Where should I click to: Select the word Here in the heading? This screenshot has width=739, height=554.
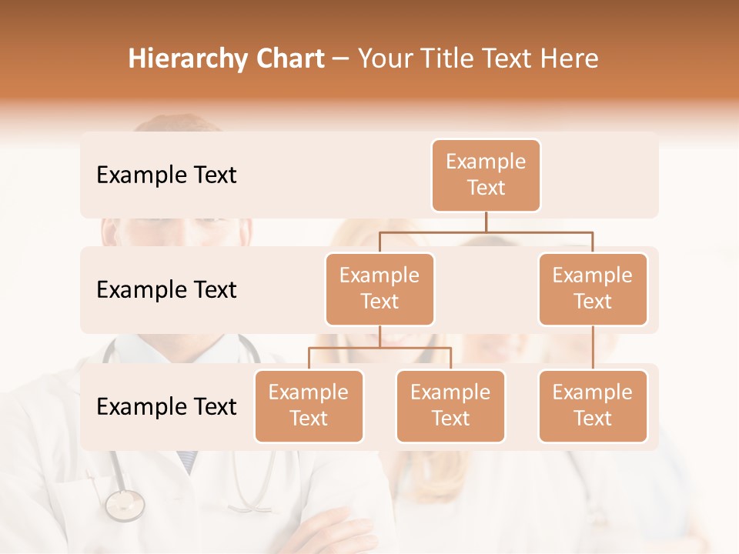(x=569, y=58)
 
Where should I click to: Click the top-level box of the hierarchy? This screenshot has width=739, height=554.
(x=486, y=175)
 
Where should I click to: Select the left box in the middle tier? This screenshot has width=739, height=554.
(x=380, y=289)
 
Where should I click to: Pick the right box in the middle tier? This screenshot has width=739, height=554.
(x=593, y=289)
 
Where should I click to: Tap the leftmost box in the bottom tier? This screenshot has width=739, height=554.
(x=309, y=405)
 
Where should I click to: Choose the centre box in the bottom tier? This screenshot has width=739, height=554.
(x=450, y=405)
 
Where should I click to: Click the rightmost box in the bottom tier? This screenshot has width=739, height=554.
(x=593, y=405)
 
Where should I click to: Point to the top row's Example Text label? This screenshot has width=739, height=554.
(x=166, y=175)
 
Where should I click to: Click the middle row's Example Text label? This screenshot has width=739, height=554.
(x=166, y=290)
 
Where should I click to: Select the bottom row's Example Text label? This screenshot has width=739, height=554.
(x=166, y=406)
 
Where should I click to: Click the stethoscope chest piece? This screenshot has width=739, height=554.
(x=125, y=505)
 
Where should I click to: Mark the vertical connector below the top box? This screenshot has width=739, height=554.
(x=486, y=222)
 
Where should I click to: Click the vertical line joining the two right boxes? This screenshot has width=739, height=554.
(x=593, y=348)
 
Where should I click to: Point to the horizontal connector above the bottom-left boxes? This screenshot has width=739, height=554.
(x=380, y=348)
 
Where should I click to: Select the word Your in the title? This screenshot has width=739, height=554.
(x=382, y=58)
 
